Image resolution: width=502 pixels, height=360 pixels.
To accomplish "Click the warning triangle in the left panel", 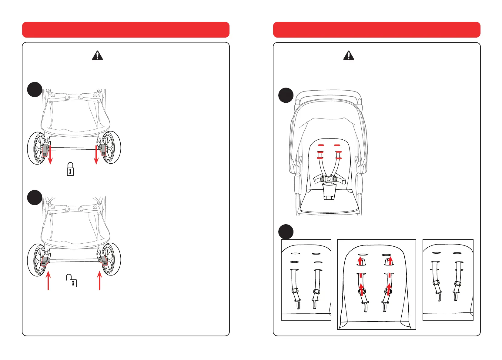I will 97,55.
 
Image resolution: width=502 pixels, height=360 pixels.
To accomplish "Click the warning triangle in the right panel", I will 349,55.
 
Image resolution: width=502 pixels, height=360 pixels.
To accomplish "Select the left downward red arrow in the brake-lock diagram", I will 50,155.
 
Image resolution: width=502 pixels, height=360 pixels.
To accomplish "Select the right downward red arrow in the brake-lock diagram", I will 96,155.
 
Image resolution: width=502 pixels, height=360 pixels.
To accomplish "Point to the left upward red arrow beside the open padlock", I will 48,281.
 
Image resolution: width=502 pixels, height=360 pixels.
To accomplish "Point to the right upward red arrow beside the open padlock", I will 99,281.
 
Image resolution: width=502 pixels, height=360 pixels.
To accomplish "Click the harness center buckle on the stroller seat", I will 329,179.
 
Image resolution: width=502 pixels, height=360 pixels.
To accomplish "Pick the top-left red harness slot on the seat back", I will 321,145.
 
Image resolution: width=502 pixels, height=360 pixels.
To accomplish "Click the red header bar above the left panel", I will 125,30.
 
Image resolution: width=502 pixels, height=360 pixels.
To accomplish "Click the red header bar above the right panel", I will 376,30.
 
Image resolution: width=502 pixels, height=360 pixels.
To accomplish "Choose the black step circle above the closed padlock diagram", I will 35,89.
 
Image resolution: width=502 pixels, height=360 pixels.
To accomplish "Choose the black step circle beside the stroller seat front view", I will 286,95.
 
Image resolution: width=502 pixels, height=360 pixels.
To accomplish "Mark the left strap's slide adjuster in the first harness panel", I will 295,291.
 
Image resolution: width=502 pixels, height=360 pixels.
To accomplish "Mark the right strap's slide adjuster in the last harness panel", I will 458,284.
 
